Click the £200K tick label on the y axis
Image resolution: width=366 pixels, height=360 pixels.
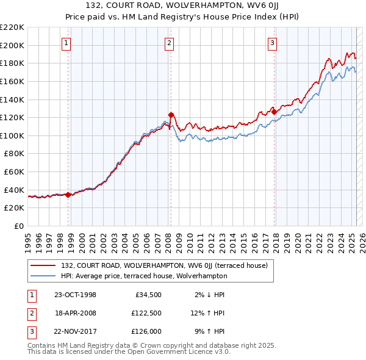pos(12,45)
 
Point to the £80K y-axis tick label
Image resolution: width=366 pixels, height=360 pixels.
pos(14,154)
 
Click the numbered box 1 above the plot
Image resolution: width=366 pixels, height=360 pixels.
pos(66,43)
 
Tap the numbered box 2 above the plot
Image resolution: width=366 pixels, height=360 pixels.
pos(169,43)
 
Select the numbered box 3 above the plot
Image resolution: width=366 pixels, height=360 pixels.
pos(272,43)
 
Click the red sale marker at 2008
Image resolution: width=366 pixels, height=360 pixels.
pos(171,115)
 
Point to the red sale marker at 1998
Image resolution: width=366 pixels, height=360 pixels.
pos(68,195)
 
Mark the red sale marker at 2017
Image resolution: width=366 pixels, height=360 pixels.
pos(274,112)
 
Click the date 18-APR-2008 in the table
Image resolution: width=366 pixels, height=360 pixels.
pos(75,313)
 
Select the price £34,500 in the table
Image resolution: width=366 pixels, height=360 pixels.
pos(146,295)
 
